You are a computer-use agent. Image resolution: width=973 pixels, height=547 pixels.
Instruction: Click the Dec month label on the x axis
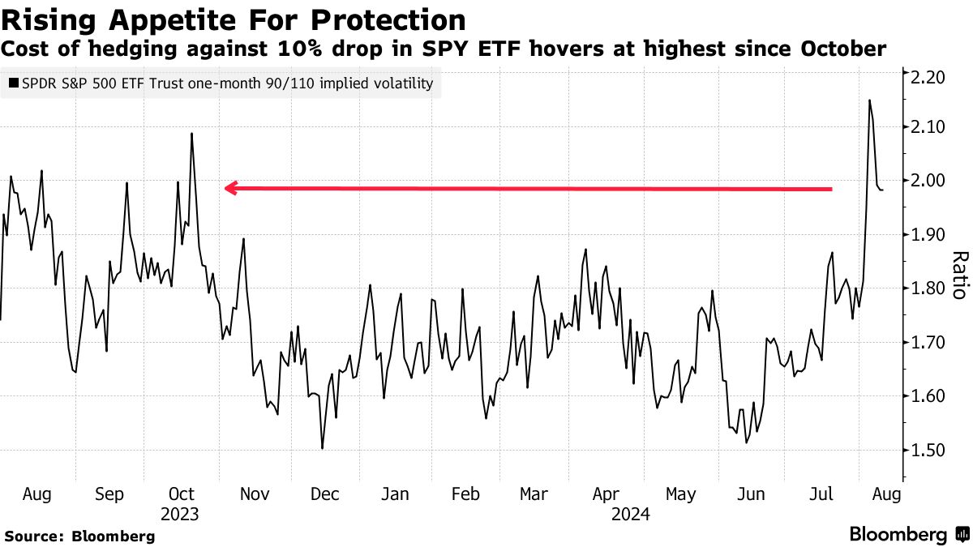(324, 494)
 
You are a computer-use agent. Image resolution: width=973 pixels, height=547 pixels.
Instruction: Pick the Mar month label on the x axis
(534, 494)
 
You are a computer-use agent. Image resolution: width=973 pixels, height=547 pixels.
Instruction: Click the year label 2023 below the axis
(180, 514)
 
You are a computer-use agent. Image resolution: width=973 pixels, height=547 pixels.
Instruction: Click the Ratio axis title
(959, 276)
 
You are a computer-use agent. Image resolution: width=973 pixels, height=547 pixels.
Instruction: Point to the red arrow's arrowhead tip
(225, 189)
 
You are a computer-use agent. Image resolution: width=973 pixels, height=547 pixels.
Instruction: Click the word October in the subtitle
(843, 49)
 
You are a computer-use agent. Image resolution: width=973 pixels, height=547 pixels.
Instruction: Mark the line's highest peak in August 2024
(869, 100)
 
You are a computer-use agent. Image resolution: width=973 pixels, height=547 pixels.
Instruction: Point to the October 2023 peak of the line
(191, 134)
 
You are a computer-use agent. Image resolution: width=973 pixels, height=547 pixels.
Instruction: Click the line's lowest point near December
(323, 448)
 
